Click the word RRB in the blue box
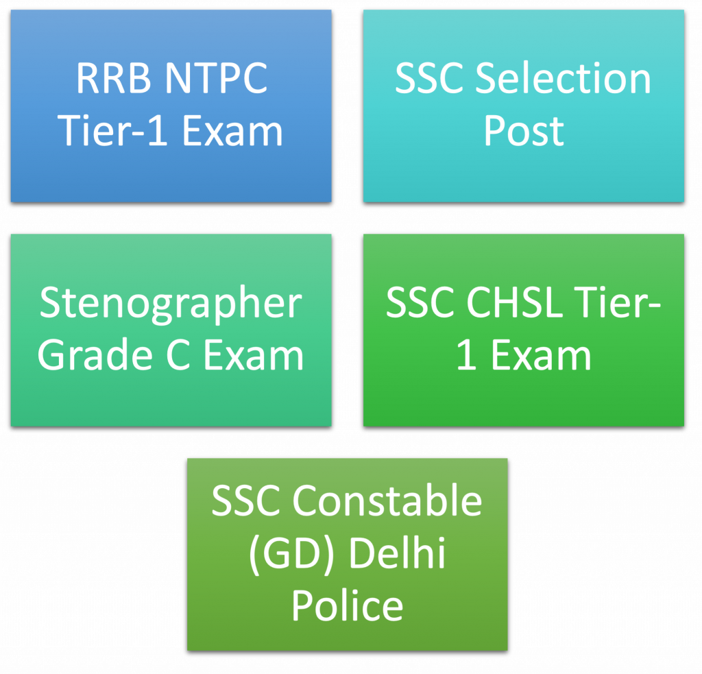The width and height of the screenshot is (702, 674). (x=114, y=78)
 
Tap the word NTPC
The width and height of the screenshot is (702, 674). (x=217, y=78)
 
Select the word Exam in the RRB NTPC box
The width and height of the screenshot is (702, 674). (x=232, y=131)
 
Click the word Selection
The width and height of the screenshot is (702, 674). (x=563, y=78)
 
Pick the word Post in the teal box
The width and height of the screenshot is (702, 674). (x=523, y=131)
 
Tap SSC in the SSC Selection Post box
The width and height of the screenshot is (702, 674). (x=428, y=78)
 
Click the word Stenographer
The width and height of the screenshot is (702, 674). (x=171, y=303)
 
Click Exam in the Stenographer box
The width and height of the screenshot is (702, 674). (x=254, y=355)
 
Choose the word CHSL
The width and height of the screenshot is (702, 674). (x=514, y=302)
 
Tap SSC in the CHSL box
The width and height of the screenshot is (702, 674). (x=420, y=302)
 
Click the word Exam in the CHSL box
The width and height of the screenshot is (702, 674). (x=541, y=355)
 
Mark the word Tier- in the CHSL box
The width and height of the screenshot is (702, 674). (x=618, y=302)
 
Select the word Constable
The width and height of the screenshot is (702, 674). (x=387, y=501)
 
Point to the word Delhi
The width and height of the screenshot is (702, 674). (x=397, y=552)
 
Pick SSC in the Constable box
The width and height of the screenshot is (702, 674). (x=245, y=501)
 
